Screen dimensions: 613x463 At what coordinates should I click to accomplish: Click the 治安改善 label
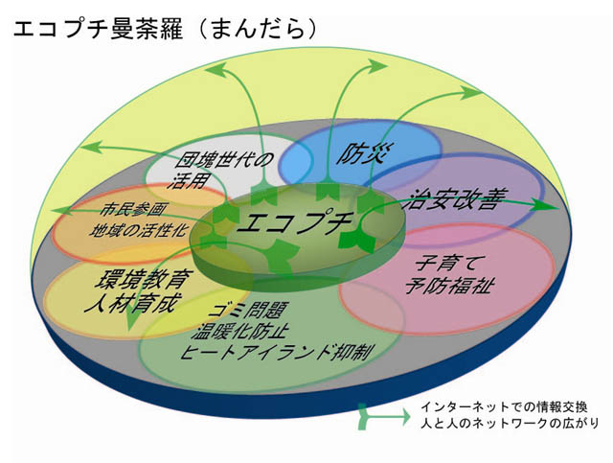[456, 198]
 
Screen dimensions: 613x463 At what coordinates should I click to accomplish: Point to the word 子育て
[445, 263]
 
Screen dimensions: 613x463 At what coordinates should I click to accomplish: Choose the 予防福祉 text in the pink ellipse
[450, 285]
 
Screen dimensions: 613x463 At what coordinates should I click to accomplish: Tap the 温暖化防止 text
[240, 331]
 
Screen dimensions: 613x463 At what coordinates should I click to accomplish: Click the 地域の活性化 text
[138, 230]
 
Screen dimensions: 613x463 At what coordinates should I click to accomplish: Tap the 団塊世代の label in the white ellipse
[224, 160]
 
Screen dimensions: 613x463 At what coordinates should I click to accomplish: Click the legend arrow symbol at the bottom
[383, 416]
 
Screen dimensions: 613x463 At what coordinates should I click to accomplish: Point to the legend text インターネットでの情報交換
[504, 407]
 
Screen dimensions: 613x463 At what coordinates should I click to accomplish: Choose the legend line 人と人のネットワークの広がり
[509, 423]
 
